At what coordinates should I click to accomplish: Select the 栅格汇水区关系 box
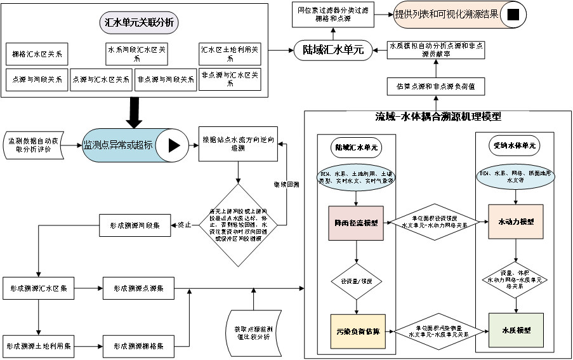(x=36, y=54)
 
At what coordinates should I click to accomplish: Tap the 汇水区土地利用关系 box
(x=230, y=54)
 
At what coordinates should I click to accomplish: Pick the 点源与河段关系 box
(x=36, y=80)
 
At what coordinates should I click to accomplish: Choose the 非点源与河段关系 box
(x=166, y=80)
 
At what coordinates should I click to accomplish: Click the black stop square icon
(x=513, y=15)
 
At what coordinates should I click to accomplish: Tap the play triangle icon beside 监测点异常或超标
(x=173, y=145)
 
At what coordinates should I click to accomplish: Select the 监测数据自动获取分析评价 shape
(x=34, y=145)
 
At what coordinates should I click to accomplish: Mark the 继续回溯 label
(x=287, y=185)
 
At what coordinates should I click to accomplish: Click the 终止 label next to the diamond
(x=184, y=225)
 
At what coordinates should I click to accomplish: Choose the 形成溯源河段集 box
(x=134, y=225)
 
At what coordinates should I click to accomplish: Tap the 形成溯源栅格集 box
(x=138, y=346)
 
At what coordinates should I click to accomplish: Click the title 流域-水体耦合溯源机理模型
(x=438, y=117)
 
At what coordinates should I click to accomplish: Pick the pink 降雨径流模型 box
(x=356, y=223)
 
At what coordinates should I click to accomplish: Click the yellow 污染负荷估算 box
(x=358, y=331)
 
